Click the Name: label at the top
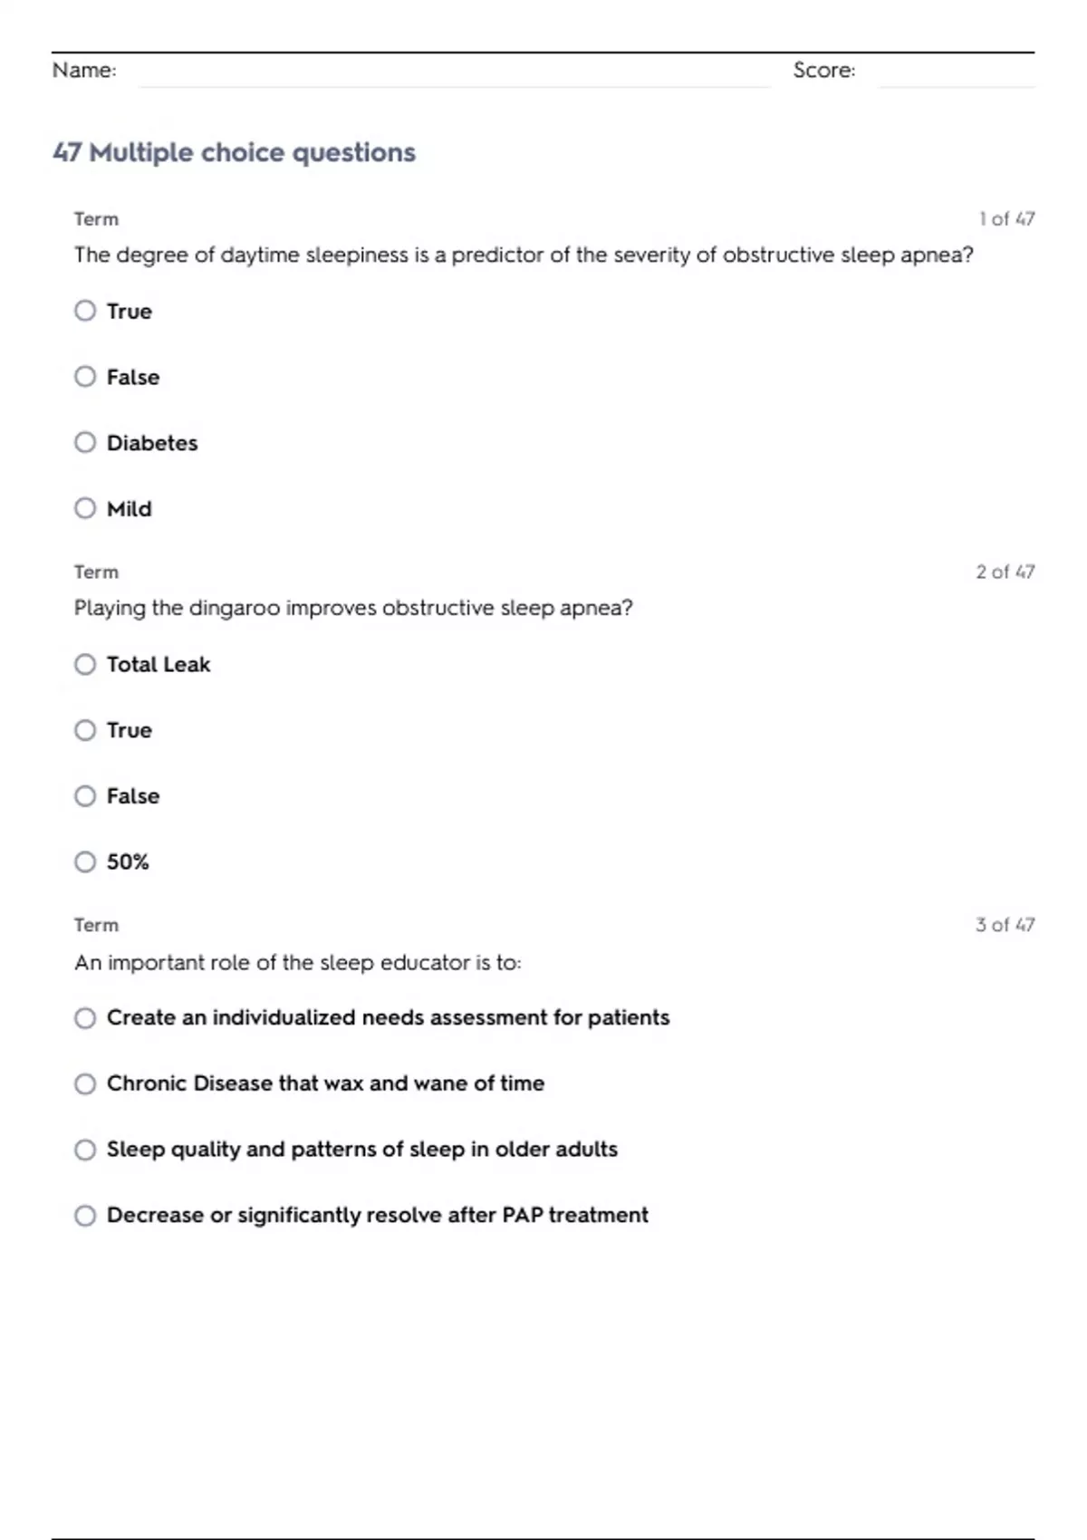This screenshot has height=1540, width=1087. click(x=84, y=71)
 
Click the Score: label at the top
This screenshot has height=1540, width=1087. click(x=823, y=71)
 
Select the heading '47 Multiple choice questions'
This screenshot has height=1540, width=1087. click(x=235, y=152)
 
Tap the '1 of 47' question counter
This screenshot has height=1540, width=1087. click(x=1006, y=219)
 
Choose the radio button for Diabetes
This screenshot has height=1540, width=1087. click(x=85, y=443)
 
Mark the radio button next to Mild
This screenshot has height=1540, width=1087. click(x=85, y=508)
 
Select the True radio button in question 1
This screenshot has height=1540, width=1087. click(x=85, y=312)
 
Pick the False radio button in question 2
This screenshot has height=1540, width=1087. click(x=85, y=796)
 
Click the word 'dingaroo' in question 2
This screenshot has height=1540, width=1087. click(x=235, y=608)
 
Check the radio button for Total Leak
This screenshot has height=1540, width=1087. click(x=85, y=665)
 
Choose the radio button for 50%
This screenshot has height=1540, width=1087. click(x=85, y=861)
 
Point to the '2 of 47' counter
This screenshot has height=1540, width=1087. click(x=1005, y=573)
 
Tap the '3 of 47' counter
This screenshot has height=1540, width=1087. click(x=1005, y=925)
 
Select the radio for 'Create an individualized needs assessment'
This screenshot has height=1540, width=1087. click(x=85, y=1018)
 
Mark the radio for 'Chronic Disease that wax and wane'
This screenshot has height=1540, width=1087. click(x=85, y=1084)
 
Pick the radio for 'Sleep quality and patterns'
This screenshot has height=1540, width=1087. click(x=85, y=1150)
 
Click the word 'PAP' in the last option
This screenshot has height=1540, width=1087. click(x=523, y=1215)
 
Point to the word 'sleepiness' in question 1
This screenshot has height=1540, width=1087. click(x=357, y=255)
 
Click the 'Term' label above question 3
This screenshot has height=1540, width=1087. click(x=96, y=925)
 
